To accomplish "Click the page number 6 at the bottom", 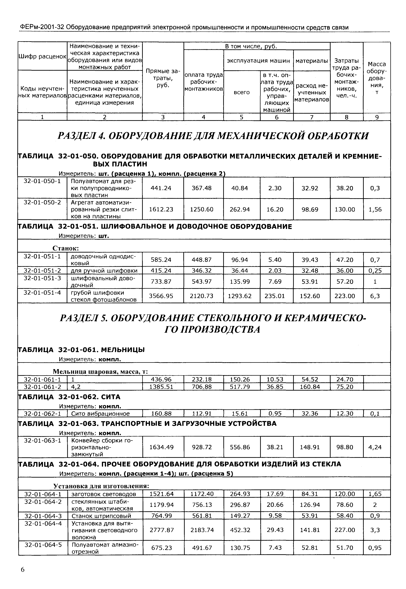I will pyautogui.click(x=23, y=569).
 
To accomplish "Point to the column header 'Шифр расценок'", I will pyautogui.click(x=42, y=57).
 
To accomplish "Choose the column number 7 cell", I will pyautogui.click(x=312, y=117).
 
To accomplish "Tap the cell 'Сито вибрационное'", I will pyautogui.click(x=101, y=414).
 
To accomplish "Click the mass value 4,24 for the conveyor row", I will pyautogui.click(x=375, y=447).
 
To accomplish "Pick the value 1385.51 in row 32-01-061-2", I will pyautogui.click(x=161, y=387).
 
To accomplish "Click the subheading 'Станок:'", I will pyautogui.click(x=66, y=248).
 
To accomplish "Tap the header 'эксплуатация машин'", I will pyautogui.click(x=258, y=61).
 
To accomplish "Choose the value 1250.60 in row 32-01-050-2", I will pyautogui.click(x=202, y=209).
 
